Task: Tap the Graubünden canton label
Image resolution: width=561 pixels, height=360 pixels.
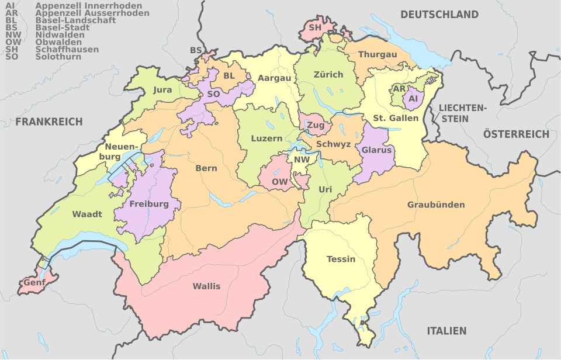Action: (x=436, y=205)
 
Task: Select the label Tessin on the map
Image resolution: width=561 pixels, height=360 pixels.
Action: (x=341, y=259)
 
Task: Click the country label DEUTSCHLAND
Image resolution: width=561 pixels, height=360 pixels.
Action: (x=439, y=15)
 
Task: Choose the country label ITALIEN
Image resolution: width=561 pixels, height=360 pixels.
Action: (x=446, y=331)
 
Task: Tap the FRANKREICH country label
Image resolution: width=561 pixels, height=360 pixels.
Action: (x=49, y=122)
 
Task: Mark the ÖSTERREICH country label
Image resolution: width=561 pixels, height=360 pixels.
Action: (x=516, y=134)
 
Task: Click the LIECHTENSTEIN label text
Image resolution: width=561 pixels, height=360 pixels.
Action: (x=462, y=113)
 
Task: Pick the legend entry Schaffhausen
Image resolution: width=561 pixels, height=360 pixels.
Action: (x=67, y=50)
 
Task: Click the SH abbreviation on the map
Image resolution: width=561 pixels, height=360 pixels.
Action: (x=315, y=27)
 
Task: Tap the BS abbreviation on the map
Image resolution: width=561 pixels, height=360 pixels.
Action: (x=196, y=51)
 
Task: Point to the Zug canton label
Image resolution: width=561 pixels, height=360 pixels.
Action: (x=316, y=126)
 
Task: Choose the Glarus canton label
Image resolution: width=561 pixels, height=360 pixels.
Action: (x=376, y=150)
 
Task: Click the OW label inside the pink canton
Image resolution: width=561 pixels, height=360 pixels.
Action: (x=279, y=182)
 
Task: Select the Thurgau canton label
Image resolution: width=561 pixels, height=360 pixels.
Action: (x=378, y=54)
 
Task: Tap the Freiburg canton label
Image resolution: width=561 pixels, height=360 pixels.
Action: (x=149, y=204)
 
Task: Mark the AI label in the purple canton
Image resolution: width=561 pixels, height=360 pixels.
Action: (x=413, y=99)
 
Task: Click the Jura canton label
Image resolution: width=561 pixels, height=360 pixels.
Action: (x=162, y=90)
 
